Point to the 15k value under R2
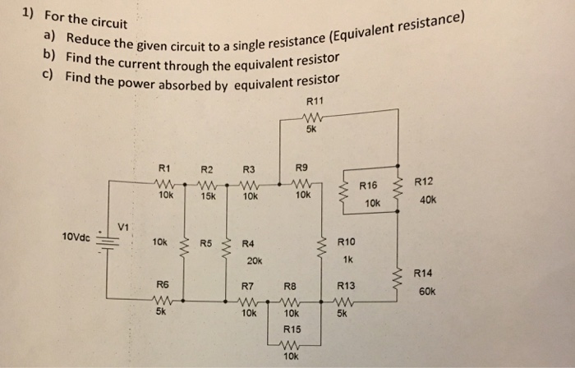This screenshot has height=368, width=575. coord(208,197)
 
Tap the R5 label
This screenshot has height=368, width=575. coord(205,243)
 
